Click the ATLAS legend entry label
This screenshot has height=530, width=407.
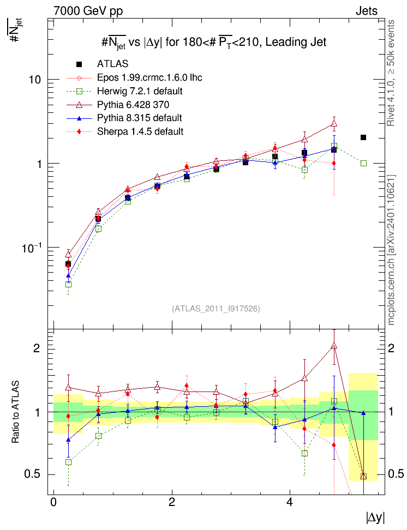point(112,64)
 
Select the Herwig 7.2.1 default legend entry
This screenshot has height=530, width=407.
point(140,91)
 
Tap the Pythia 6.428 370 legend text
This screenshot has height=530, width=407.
point(133,105)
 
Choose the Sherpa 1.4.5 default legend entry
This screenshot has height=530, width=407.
point(140,131)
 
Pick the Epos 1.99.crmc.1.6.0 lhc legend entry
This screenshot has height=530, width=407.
point(149,78)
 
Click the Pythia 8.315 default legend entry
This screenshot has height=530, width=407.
point(139,118)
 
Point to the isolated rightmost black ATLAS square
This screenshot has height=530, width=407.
point(363,137)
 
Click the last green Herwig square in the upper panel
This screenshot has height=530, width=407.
point(363,163)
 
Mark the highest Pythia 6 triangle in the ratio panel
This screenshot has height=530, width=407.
point(334,346)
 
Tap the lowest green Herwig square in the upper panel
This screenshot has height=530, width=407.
point(68,284)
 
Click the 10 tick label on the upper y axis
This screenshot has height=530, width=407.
point(34,80)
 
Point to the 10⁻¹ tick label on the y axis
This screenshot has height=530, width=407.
point(32,248)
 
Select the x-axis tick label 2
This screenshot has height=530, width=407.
point(171,502)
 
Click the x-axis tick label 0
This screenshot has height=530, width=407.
point(53,502)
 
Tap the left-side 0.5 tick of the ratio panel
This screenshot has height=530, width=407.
point(33,474)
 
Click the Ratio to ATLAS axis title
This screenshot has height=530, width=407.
point(15,412)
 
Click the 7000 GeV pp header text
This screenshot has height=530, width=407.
point(88,11)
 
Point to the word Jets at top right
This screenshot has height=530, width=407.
point(367,11)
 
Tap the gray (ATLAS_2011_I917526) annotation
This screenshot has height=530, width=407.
point(216,309)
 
